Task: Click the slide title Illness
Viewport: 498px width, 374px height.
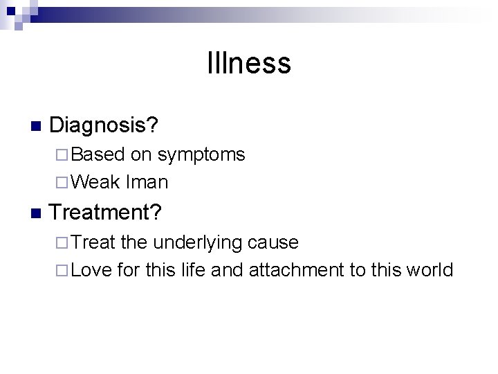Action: click(x=249, y=64)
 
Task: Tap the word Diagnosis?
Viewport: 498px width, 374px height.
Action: click(x=104, y=125)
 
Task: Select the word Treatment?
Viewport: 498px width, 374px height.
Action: click(x=106, y=212)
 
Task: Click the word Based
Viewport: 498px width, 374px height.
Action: click(x=97, y=154)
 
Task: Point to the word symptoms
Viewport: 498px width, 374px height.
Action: click(x=201, y=155)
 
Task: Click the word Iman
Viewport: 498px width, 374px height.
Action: click(x=147, y=182)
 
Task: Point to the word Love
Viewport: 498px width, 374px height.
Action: click(x=91, y=269)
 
